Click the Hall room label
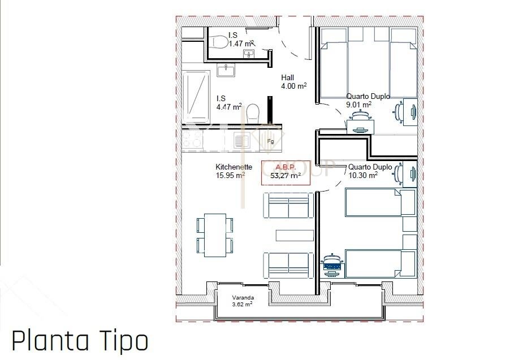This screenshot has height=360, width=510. tap(288, 78)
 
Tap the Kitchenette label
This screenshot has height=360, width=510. tap(234, 167)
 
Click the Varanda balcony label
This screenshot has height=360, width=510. tap(243, 298)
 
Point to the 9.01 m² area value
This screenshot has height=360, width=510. tap(359, 105)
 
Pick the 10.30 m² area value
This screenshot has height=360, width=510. tap(363, 175)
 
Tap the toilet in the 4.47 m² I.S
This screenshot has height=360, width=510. tap(253, 114)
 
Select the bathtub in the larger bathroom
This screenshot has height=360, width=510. tap(196, 97)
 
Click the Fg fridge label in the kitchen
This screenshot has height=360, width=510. tap(270, 141)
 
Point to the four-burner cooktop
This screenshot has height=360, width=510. tap(193, 139)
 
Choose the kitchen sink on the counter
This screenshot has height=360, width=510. tap(241, 141)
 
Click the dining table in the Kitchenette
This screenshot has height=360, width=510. tap(215, 235)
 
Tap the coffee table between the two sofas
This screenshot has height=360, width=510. tap(295, 236)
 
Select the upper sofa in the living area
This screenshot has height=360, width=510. tap(288, 205)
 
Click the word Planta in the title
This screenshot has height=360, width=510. tap(50, 341)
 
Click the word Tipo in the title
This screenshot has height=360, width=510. tap(124, 342)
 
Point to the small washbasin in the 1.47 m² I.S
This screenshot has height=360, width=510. tap(249, 53)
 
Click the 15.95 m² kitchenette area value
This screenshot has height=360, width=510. tap(230, 175)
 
